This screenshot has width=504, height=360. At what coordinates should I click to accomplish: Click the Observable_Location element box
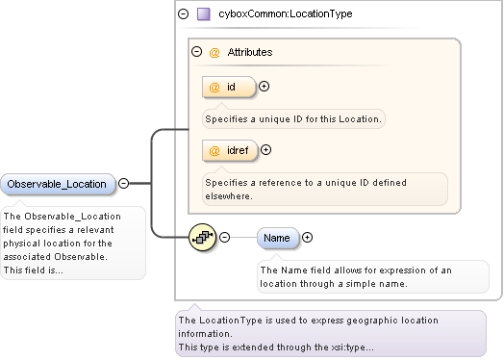[58, 184]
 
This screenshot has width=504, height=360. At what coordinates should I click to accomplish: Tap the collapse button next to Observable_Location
[124, 184]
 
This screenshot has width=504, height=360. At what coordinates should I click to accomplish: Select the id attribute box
[229, 87]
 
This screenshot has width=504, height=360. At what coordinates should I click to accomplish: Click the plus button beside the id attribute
[264, 87]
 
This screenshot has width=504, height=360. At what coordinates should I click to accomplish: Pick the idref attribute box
[230, 150]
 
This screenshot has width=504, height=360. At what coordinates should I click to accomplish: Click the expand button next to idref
[265, 149]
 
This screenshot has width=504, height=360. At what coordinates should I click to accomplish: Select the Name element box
[278, 238]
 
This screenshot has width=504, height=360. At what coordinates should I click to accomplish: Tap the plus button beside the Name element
[307, 238]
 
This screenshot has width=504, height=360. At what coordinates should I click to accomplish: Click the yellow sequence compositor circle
[203, 238]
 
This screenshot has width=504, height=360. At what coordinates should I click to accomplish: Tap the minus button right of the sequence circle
[224, 238]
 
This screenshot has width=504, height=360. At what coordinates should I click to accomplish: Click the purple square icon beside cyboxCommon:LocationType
[204, 14]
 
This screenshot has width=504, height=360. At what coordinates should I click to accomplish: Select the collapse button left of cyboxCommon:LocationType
[183, 13]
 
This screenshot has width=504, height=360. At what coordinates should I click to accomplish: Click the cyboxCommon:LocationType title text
[286, 13]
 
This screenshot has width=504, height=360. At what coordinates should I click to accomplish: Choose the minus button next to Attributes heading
[197, 51]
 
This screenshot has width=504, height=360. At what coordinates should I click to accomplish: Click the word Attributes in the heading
[250, 52]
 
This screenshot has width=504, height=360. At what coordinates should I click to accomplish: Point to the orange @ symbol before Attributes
[214, 52]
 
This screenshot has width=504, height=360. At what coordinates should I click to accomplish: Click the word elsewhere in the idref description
[228, 196]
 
